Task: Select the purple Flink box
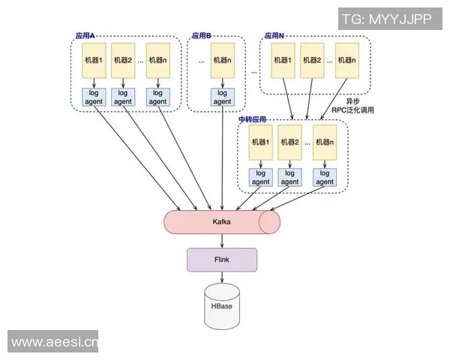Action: coord(222,259)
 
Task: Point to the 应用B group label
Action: coord(202,36)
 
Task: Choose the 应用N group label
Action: coord(274,36)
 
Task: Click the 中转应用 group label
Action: coord(253,119)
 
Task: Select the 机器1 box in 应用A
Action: coord(94,61)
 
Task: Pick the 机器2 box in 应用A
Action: coord(123,61)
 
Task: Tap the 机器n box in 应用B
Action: coord(222,61)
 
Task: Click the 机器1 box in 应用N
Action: coord(282,61)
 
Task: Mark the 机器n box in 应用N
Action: coord(345,61)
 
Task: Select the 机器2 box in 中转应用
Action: coord(290,142)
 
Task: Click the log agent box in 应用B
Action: coord(222,97)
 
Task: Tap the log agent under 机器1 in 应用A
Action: coord(94,97)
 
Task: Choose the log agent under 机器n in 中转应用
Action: coord(323,177)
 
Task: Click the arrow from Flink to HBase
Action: coord(222,277)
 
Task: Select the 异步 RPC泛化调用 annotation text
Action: coord(352,105)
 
